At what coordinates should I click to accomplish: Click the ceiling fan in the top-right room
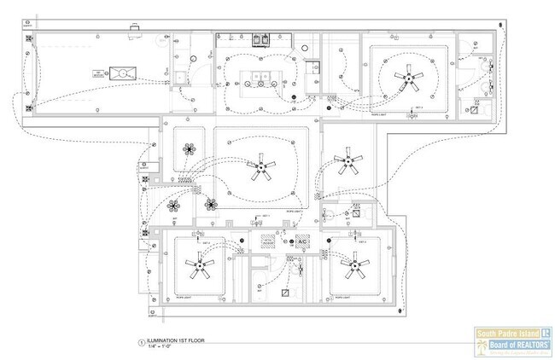tap(409, 81)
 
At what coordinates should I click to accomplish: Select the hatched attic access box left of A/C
tap(267, 241)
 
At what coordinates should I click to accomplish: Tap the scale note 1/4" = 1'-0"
tap(162, 346)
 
